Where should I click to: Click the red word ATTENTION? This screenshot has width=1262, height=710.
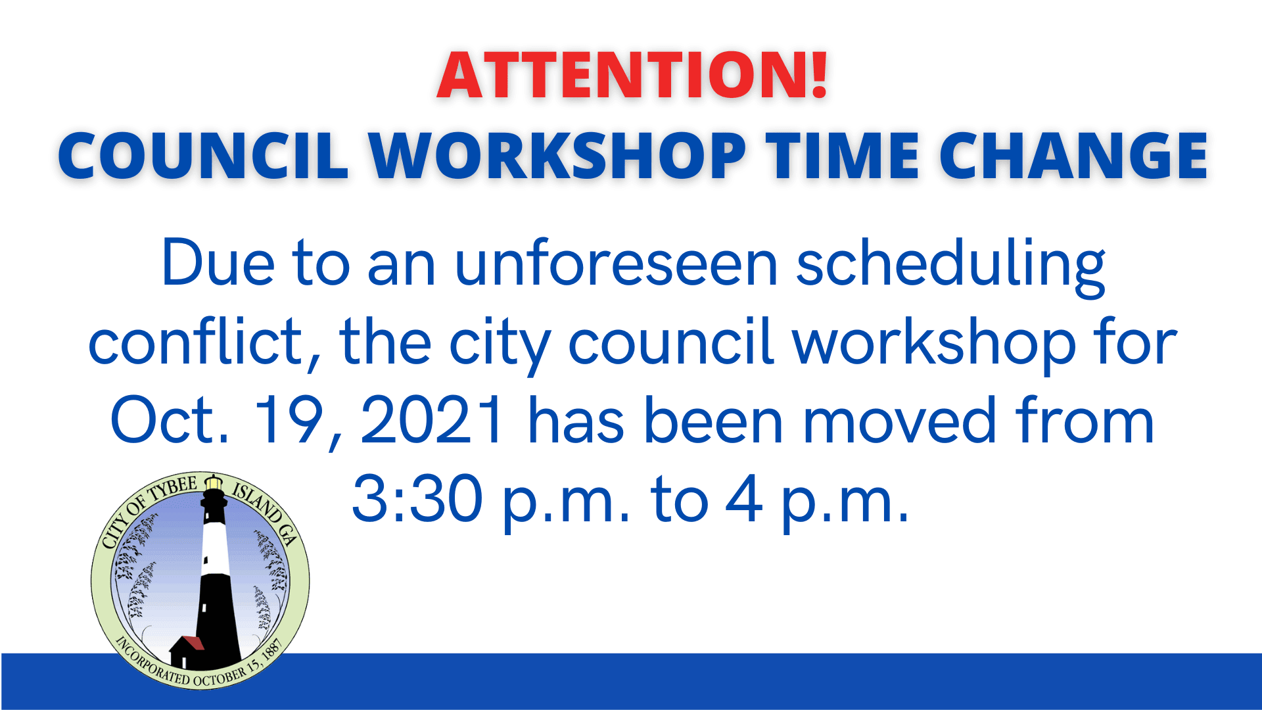point(632,75)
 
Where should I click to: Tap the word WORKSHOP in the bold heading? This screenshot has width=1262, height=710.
point(557,156)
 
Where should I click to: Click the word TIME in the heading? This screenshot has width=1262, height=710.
point(845,156)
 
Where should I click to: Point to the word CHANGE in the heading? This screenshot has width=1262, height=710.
point(1073,156)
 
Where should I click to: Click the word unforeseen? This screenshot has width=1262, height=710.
point(617,264)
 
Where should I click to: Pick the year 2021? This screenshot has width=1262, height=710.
point(432,421)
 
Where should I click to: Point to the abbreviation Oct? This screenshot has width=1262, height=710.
point(170,421)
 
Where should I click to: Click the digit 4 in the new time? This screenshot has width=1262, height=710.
point(744,500)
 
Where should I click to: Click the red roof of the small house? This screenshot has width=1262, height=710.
point(193,642)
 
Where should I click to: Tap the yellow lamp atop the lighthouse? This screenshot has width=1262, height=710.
point(214,484)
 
